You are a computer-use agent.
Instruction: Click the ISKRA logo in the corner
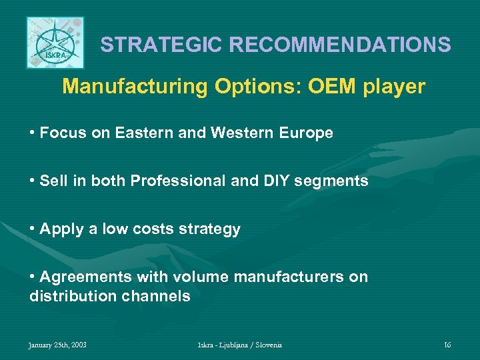(x=55, y=43)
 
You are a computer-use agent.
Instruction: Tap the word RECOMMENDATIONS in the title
(x=340, y=45)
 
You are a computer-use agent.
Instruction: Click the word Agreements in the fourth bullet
(x=85, y=277)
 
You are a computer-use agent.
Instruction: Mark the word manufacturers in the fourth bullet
(x=297, y=277)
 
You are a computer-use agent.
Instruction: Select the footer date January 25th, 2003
(x=57, y=345)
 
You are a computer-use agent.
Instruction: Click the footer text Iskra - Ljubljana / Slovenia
(x=240, y=345)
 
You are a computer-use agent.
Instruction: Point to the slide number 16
(x=447, y=345)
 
